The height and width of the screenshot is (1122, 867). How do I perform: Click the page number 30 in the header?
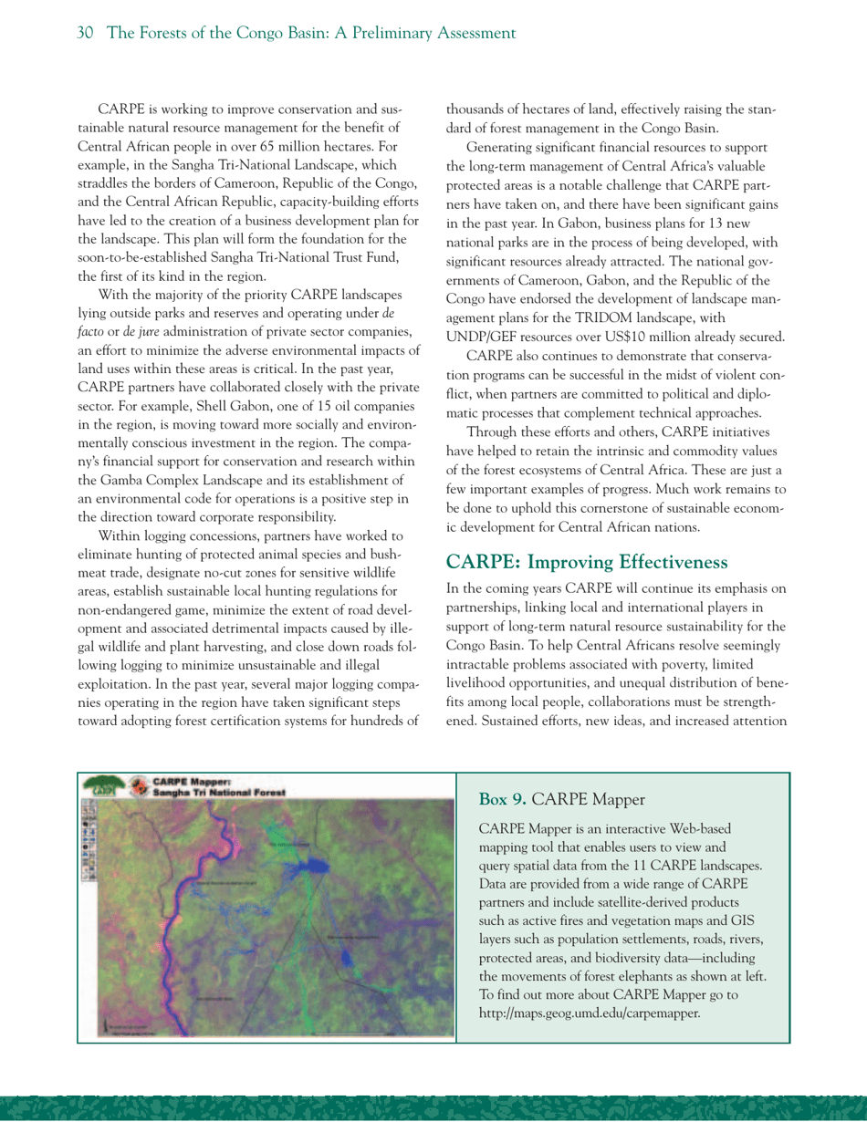(x=87, y=34)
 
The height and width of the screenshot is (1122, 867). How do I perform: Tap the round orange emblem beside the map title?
(x=138, y=786)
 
